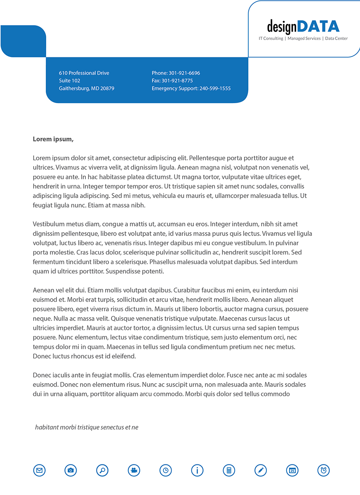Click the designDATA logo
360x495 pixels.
click(x=303, y=26)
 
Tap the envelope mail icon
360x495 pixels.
click(x=39, y=470)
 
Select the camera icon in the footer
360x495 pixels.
click(x=71, y=470)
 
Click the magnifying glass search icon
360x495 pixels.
click(x=102, y=470)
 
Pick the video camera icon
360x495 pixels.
click(x=134, y=470)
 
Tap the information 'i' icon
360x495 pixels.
click(x=197, y=470)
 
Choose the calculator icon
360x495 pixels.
click(x=229, y=470)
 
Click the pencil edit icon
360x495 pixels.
click(x=261, y=470)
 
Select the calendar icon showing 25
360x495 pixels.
click(x=292, y=470)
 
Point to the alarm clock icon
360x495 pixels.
click(x=324, y=470)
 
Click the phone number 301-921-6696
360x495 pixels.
click(x=184, y=73)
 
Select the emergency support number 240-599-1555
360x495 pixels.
click(x=215, y=89)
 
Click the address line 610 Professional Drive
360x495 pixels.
click(x=84, y=73)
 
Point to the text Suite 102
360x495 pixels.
click(x=70, y=81)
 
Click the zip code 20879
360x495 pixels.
click(x=108, y=89)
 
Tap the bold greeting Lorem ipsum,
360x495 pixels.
click(x=53, y=139)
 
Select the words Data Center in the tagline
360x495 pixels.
click(x=336, y=38)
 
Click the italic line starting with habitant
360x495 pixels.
click(x=87, y=427)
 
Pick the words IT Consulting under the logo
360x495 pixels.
click(x=271, y=38)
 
